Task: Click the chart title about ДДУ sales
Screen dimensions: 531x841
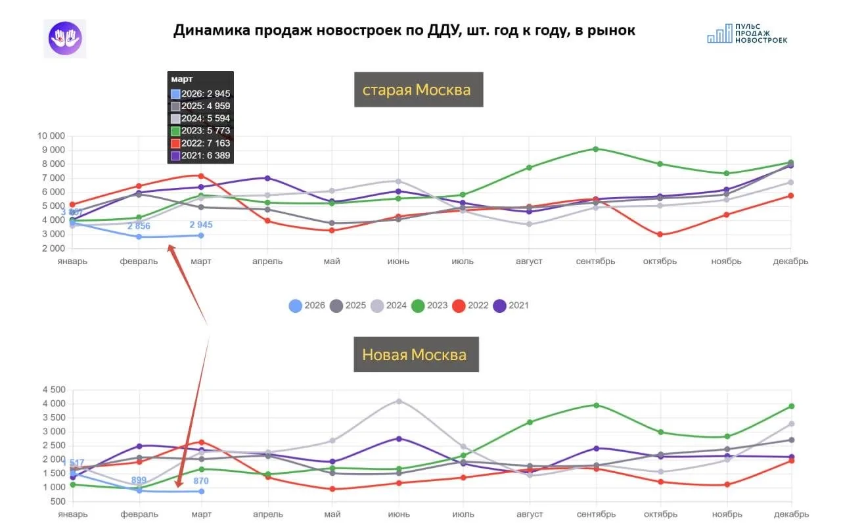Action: tap(404, 31)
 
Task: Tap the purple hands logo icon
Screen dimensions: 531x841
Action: tap(65, 38)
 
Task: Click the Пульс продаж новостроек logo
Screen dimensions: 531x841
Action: tap(747, 34)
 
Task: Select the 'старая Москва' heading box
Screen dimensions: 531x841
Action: tap(417, 90)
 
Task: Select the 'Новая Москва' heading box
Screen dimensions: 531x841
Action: tap(415, 355)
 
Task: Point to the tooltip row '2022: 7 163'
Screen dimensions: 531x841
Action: tap(200, 143)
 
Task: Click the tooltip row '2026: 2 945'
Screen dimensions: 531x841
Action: tap(200, 94)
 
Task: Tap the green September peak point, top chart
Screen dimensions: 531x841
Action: tap(595, 149)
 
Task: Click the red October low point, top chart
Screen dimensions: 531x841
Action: tap(660, 235)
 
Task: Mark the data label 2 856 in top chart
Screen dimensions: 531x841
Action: tap(139, 226)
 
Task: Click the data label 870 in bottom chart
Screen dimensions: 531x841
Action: tap(201, 481)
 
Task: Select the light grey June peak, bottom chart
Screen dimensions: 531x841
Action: tap(399, 401)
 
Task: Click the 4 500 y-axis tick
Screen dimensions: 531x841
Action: tap(53, 390)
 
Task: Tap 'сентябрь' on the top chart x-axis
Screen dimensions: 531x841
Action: tap(595, 262)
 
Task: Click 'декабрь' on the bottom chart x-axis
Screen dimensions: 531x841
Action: tap(790, 514)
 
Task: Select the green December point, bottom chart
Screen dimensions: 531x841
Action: tap(791, 406)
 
